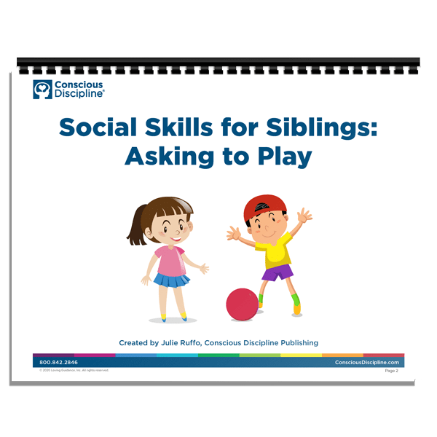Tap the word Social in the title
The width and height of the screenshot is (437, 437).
[x=98, y=129]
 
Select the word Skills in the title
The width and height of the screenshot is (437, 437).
[x=178, y=129]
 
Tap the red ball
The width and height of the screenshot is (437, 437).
[x=242, y=303]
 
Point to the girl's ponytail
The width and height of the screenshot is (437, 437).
[x=135, y=226]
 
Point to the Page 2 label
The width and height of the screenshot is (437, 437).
[x=392, y=371]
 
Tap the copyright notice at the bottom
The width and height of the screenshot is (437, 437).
[x=73, y=370]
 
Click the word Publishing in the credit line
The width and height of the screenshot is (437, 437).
[x=296, y=342]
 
